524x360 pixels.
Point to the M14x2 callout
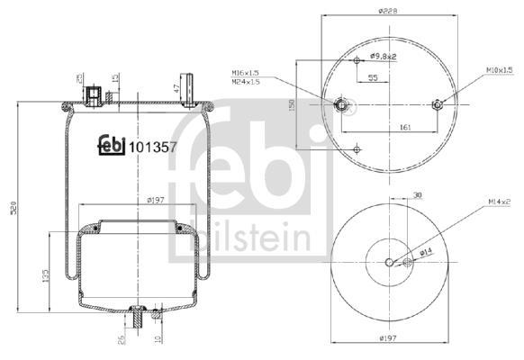(499, 202)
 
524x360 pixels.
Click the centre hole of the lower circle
(389, 263)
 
